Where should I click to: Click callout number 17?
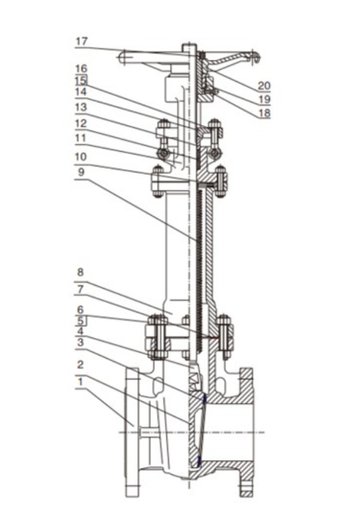pyautogui.click(x=81, y=41)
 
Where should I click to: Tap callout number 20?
pyautogui.click(x=264, y=86)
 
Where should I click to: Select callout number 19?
pyautogui.click(x=264, y=99)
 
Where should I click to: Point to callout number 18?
pyautogui.click(x=264, y=113)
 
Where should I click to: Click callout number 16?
pyautogui.click(x=81, y=69)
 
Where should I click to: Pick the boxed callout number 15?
pyautogui.click(x=81, y=80)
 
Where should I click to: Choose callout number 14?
pyautogui.click(x=81, y=91)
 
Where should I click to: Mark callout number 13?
pyautogui.click(x=81, y=107)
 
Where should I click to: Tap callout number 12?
pyautogui.click(x=81, y=124)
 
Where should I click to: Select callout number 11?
pyautogui.click(x=80, y=138)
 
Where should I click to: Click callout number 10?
pyautogui.click(x=81, y=157)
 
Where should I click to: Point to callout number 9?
pyautogui.click(x=81, y=172)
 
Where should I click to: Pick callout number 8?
pyautogui.click(x=80, y=272)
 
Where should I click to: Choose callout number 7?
pyautogui.click(x=80, y=289)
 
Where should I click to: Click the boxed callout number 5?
pyautogui.click(x=80, y=320)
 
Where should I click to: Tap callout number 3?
pyautogui.click(x=80, y=342)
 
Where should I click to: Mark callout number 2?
pyautogui.click(x=80, y=365)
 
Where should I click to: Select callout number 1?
pyautogui.click(x=80, y=382)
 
